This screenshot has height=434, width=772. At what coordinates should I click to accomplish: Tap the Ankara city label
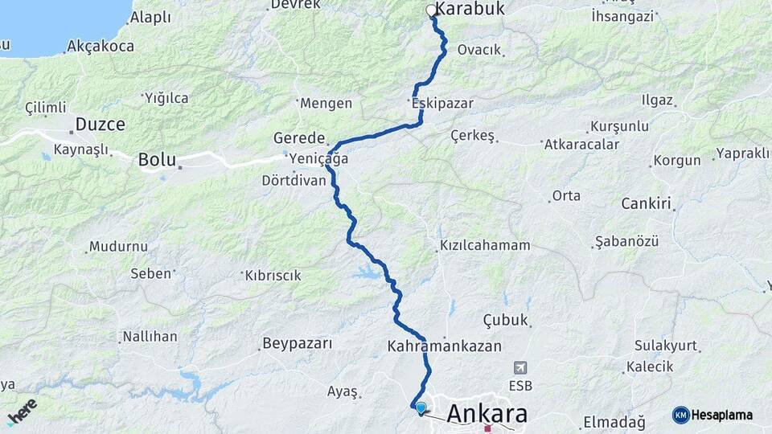[487, 413]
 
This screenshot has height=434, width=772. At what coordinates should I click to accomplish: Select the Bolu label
[156, 159]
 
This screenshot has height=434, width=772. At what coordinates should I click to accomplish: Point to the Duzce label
[100, 125]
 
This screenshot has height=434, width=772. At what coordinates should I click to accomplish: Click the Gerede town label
[298, 137]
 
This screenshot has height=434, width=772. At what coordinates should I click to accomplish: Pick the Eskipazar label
[441, 104]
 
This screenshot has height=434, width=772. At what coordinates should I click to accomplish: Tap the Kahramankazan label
[444, 346]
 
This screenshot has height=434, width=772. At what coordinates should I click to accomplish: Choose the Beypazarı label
[297, 344]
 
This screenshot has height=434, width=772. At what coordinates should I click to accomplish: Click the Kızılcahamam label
[485, 245]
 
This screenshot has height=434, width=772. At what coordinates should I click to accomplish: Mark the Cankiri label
[646, 204]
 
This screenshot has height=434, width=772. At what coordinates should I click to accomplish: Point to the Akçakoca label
[101, 47]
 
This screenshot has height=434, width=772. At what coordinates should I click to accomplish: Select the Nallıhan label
[150, 336]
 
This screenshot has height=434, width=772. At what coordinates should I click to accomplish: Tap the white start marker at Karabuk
[432, 11]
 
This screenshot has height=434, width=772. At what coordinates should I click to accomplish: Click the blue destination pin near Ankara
[420, 407]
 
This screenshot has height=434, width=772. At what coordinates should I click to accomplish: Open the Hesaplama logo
[712, 415]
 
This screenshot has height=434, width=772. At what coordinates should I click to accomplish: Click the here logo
[22, 411]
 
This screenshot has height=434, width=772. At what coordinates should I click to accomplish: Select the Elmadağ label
[614, 422]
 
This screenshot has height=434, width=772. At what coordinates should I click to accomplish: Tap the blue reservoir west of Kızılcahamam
[368, 271]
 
